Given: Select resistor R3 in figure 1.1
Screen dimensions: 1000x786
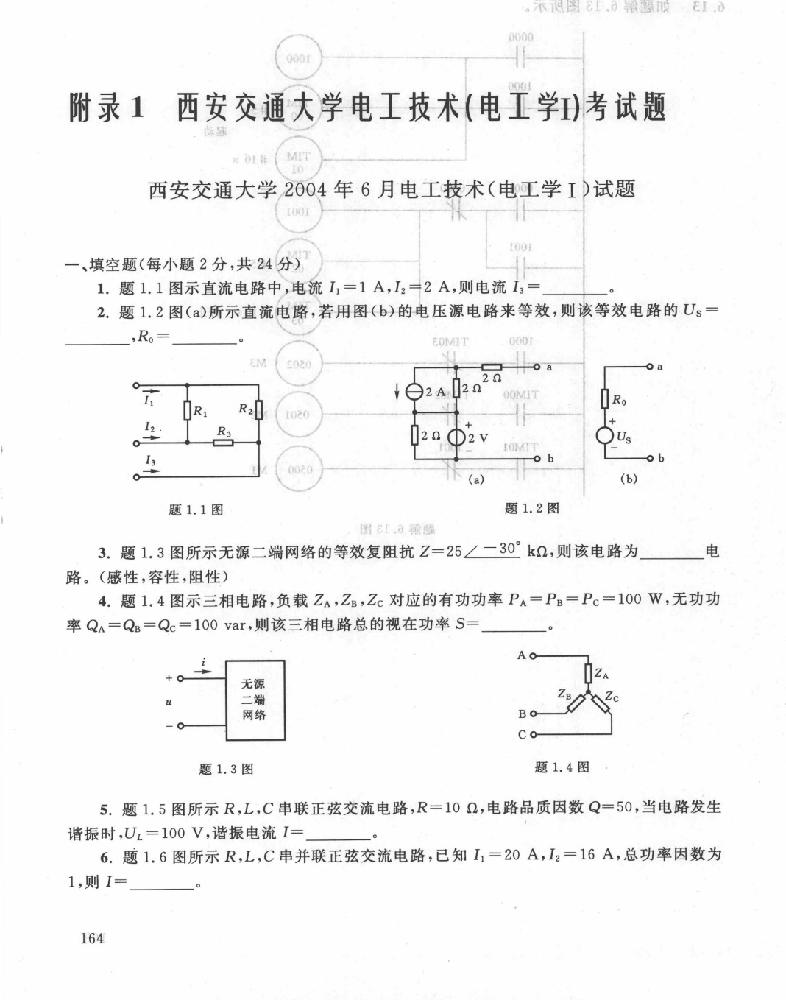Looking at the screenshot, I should click(223, 443).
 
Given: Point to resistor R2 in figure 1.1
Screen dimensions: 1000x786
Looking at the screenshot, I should click(259, 409).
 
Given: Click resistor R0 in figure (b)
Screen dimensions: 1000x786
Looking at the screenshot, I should click(604, 400).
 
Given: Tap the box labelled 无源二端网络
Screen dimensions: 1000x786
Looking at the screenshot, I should click(254, 700).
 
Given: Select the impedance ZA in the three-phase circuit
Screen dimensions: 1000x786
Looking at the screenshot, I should click(588, 673).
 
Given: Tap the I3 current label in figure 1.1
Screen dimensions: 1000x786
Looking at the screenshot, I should click(150, 460).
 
